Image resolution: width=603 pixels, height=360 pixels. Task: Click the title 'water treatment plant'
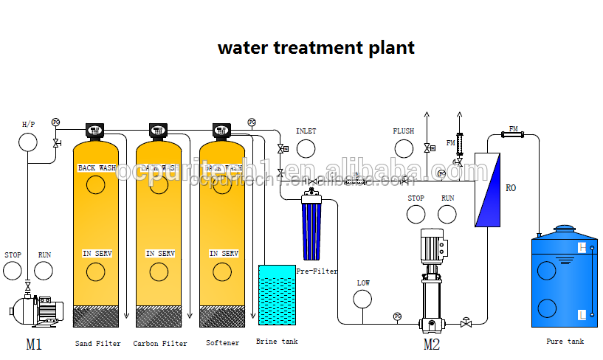[316, 48]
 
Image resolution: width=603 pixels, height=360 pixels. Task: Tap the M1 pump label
[34, 344]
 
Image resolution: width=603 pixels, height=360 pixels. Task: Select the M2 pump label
[432, 343]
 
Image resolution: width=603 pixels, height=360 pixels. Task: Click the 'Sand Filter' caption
[97, 343]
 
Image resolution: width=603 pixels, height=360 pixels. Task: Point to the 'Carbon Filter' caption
[160, 343]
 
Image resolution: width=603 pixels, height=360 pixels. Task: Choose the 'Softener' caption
[223, 343]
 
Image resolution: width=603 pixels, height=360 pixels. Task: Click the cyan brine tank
[276, 295]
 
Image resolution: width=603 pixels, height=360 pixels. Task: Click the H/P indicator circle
[28, 142]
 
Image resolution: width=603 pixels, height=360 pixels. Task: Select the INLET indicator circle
[306, 148]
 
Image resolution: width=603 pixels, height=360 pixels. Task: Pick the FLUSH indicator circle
[403, 148]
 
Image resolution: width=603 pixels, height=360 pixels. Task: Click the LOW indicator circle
[363, 299]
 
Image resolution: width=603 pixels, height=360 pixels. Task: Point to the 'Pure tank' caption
[565, 342]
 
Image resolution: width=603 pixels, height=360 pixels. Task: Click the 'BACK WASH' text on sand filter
[97, 168]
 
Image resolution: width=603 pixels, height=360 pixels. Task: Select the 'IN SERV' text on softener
[224, 254]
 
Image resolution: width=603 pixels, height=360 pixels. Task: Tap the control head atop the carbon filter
[158, 131]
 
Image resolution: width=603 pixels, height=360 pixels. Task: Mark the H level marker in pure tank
[582, 248]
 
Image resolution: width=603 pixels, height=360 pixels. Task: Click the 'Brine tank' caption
[277, 342]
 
